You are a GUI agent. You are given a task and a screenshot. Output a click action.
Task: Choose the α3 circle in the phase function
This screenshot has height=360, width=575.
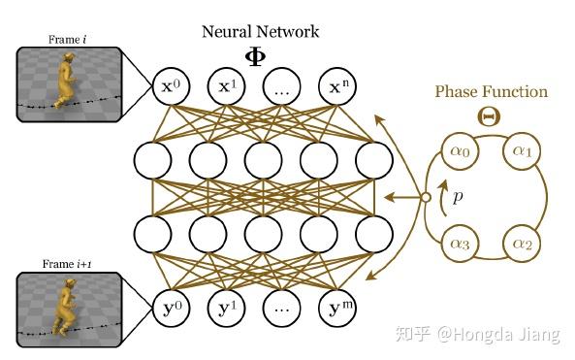pos(460,243)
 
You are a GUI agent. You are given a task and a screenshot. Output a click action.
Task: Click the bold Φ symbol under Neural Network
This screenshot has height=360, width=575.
pos(260,54)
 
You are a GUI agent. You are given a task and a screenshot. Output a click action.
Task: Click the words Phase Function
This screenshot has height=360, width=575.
pos(491,92)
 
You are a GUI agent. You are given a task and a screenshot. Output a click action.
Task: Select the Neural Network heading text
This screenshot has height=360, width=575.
pos(260,31)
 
